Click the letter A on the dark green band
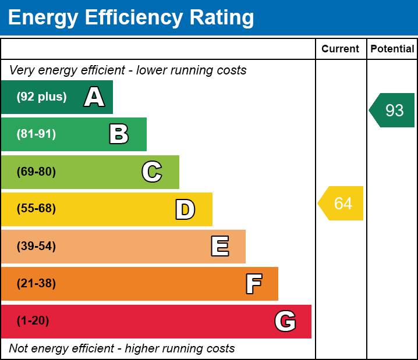(x=94, y=97)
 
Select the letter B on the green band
(x=119, y=134)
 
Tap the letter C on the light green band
(x=152, y=172)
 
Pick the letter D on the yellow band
(x=185, y=209)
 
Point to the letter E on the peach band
(x=219, y=247)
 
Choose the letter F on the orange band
(x=253, y=284)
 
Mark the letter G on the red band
(x=285, y=321)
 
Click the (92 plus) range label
(x=41, y=97)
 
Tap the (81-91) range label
(x=36, y=134)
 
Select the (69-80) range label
(x=36, y=172)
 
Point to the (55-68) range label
(x=36, y=209)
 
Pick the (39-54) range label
(x=36, y=247)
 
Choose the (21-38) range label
(x=36, y=284)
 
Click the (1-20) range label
(x=33, y=321)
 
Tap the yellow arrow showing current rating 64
(x=342, y=204)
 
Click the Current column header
(x=341, y=49)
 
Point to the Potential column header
(x=392, y=49)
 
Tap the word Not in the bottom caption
(x=19, y=348)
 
